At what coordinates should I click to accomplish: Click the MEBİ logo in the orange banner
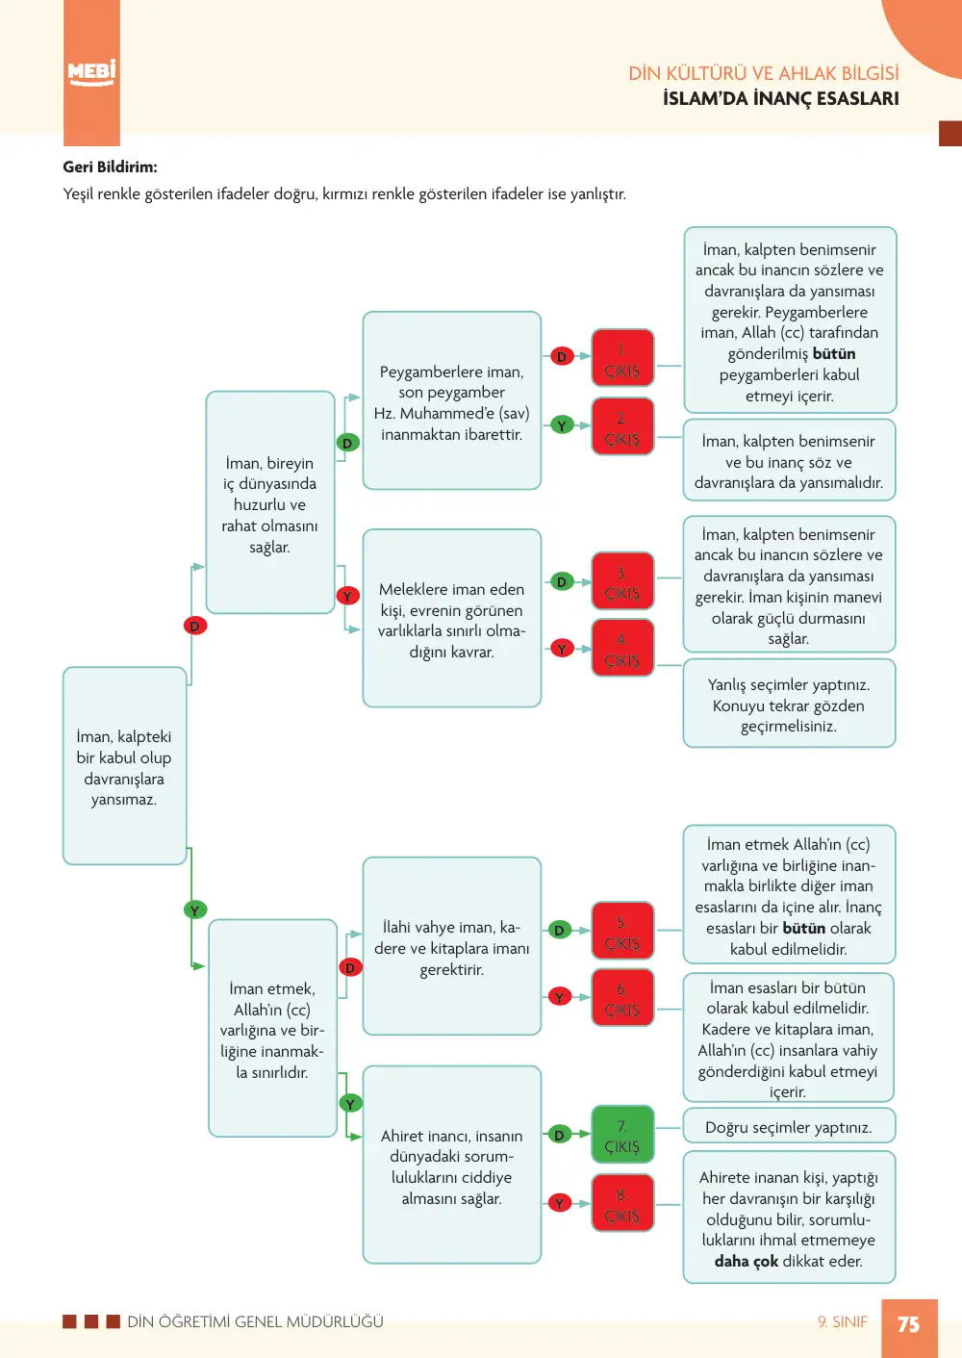click(x=90, y=73)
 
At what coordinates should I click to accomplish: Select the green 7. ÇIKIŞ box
click(x=622, y=1135)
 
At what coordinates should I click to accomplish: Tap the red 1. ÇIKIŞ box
click(x=622, y=358)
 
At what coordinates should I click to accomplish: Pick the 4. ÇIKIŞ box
click(x=622, y=648)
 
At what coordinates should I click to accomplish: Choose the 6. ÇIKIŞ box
click(x=622, y=997)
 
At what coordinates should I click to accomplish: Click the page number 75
click(x=909, y=1324)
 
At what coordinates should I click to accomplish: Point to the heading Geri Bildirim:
click(x=110, y=167)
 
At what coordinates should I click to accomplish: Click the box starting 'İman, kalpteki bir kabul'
click(x=124, y=766)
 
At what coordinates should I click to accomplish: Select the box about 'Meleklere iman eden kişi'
click(x=452, y=618)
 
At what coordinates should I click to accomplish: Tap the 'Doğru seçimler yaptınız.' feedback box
click(x=789, y=1127)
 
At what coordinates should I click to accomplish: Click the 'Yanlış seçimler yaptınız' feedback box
click(x=789, y=704)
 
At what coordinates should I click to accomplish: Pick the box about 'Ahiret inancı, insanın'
click(x=452, y=1166)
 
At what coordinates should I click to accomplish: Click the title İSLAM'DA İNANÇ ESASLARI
click(x=780, y=98)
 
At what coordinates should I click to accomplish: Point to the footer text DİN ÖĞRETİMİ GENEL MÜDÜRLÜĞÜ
click(x=255, y=1321)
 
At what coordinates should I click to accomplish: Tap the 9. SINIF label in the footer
click(x=842, y=1321)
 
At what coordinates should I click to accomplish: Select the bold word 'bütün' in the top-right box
click(x=833, y=353)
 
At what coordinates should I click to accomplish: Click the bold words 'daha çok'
click(x=746, y=1261)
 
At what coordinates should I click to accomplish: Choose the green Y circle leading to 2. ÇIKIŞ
click(x=562, y=425)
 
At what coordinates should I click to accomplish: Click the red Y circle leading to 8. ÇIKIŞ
click(x=559, y=1203)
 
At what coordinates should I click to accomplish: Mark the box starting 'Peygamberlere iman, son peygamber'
click(x=452, y=400)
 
